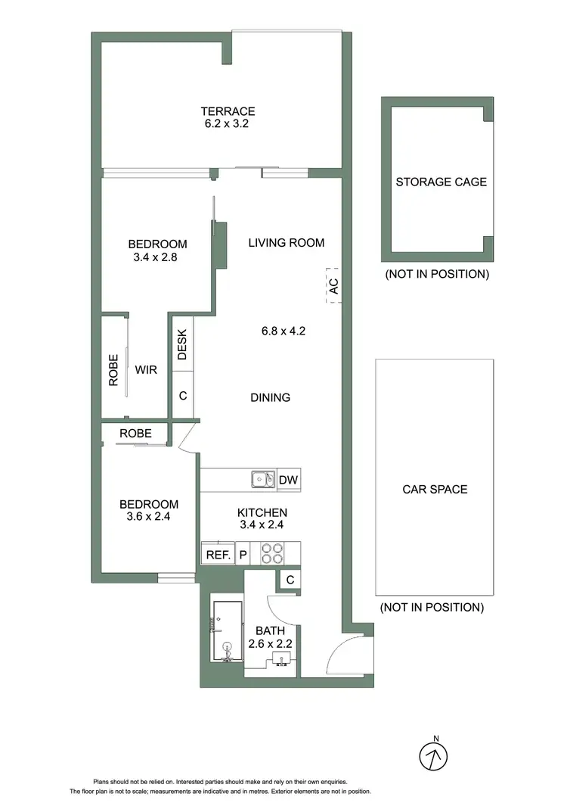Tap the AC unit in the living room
[x=333, y=285]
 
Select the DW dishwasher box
[x=288, y=479]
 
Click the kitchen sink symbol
[x=264, y=479]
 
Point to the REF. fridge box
[x=217, y=554]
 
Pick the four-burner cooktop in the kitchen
[x=272, y=554]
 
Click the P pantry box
[x=243, y=554]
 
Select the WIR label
[x=146, y=371]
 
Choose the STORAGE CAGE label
[x=442, y=182]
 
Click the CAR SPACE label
[x=434, y=489]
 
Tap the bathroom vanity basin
[x=281, y=661]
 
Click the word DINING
[x=270, y=397]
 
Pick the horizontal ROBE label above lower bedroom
[x=135, y=434]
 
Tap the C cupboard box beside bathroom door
[x=289, y=580]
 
